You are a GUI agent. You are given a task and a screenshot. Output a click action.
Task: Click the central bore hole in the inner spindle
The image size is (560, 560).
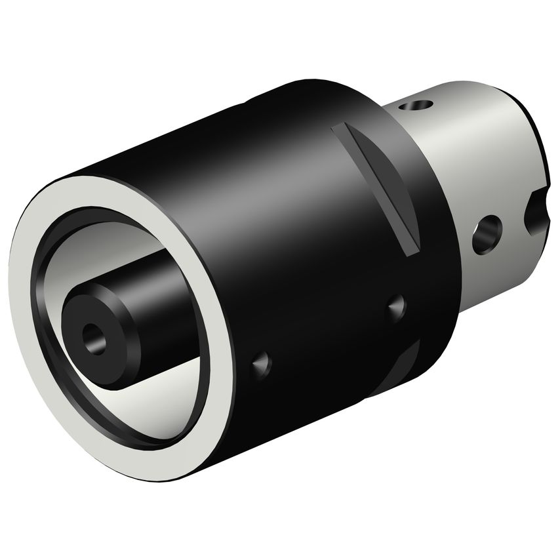click(92, 337)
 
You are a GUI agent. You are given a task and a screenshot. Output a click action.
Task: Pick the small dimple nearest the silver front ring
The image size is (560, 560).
click(262, 361)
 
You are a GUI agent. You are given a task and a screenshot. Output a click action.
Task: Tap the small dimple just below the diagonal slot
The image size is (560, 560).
click(396, 306)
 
